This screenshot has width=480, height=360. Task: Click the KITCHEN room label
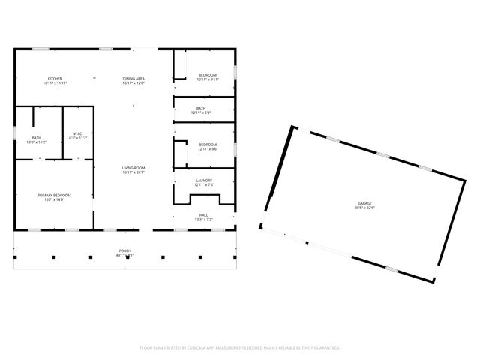55,79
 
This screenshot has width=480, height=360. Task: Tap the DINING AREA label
133,79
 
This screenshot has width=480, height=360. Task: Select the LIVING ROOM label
133,168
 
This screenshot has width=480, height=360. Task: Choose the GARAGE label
364,204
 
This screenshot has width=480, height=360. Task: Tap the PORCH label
124,251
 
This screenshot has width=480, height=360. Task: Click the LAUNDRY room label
204,181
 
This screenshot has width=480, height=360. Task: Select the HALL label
203,214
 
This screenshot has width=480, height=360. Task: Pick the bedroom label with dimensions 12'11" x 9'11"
208,75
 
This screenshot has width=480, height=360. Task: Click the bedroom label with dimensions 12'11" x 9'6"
208,145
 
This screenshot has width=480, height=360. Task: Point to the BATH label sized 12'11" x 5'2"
201,108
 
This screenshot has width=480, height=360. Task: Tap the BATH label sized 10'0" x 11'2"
36,137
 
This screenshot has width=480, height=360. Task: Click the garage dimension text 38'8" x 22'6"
364,208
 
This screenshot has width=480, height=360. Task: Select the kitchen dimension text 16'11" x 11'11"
55,83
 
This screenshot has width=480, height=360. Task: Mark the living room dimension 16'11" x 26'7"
133,172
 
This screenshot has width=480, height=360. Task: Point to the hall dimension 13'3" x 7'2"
203,219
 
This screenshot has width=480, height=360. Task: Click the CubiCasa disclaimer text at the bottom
240,347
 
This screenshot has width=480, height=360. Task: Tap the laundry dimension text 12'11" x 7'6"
204,185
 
